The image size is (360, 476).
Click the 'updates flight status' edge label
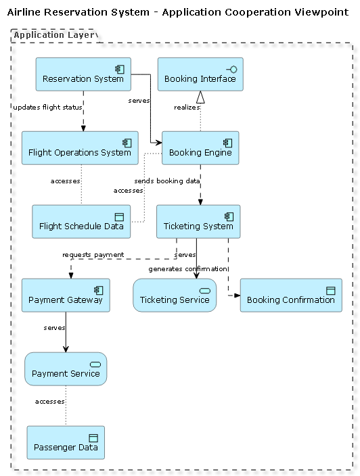(x=47, y=108)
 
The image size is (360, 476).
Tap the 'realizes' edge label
(x=186, y=108)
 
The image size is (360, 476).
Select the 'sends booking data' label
(x=167, y=181)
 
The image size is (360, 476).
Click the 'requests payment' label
(x=93, y=255)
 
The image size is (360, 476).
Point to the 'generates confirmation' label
(x=188, y=269)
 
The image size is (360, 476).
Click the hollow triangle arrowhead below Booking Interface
(x=200, y=97)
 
